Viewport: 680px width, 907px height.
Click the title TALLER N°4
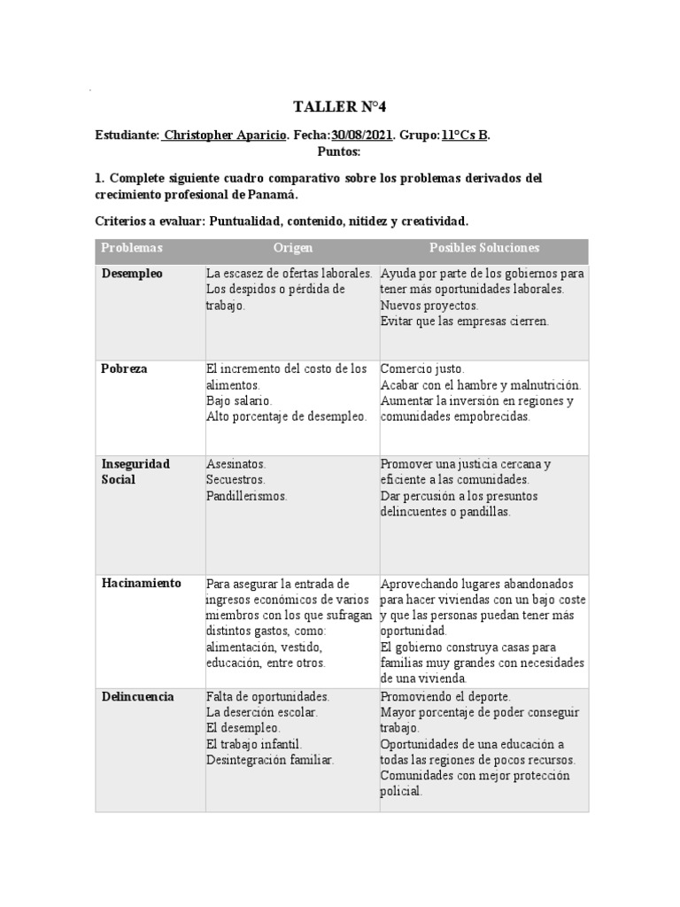pos(339,107)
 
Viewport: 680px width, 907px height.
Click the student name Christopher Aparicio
pos(225,136)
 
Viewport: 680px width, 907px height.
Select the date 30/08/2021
pos(361,136)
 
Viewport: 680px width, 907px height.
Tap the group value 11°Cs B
pos(465,136)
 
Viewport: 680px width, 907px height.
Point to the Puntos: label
pos(339,151)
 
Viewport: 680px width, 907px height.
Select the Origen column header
pos(292,249)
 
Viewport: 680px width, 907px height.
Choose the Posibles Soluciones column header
pos(483,249)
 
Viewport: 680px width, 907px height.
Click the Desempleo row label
pos(132,274)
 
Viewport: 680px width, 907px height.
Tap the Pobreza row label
pos(124,368)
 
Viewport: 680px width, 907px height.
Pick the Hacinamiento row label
pos(141,583)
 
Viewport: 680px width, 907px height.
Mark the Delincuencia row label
pos(137,696)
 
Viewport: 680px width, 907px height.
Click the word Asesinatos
pos(236,464)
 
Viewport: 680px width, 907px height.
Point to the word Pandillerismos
pos(247,496)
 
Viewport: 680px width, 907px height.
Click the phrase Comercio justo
pos(421,368)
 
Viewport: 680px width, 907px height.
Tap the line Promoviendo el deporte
pos(445,696)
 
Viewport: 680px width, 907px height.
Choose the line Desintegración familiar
pos(270,760)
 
